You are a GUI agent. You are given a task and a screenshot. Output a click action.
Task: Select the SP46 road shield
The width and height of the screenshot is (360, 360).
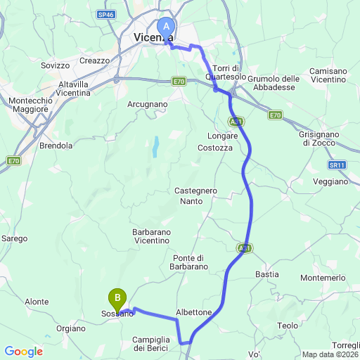click(x=107, y=14)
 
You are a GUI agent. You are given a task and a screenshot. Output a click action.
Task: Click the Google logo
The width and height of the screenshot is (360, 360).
click(x=23, y=351)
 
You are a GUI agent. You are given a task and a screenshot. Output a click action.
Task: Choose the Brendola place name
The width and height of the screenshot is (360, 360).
click(x=56, y=146)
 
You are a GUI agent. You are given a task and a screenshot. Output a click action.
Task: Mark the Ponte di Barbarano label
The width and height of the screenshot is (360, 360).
click(x=188, y=262)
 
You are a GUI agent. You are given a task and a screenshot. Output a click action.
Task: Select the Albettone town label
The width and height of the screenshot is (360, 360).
click(x=193, y=311)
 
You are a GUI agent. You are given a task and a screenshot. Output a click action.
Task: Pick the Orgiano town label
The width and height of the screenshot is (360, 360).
click(x=72, y=327)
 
